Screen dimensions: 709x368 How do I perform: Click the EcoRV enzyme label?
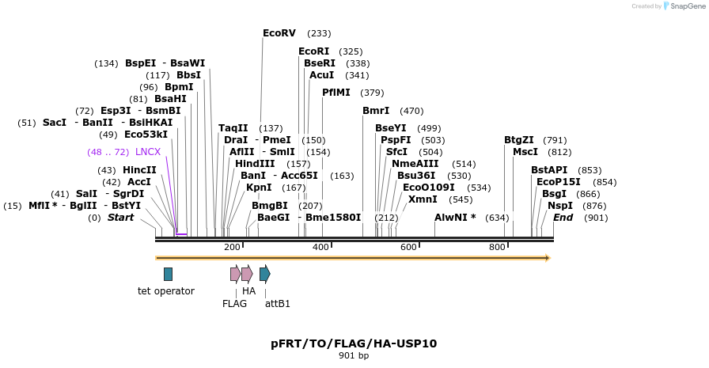[x=279, y=33]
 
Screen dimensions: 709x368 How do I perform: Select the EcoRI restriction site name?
[x=314, y=51]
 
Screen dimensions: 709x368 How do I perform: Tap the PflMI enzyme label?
[x=336, y=93]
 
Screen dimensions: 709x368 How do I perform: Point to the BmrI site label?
[x=376, y=111]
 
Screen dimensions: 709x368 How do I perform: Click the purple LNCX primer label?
[x=148, y=152]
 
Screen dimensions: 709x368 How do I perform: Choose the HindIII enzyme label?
[x=255, y=164]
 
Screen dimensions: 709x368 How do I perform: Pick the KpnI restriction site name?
[x=259, y=187]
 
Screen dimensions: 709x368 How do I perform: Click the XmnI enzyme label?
[x=423, y=199]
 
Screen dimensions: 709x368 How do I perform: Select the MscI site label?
[x=525, y=152]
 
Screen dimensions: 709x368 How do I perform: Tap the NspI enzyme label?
[x=560, y=206]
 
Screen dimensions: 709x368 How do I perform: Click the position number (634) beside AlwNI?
[x=497, y=218]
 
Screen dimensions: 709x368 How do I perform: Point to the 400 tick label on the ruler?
[x=320, y=247]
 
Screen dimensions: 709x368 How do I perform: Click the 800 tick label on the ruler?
[x=497, y=247]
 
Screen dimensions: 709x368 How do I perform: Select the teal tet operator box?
[x=169, y=274]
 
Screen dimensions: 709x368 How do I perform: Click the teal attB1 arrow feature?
[x=265, y=274]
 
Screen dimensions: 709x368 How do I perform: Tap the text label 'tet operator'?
[x=166, y=291]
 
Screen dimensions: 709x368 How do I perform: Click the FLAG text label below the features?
[x=235, y=304]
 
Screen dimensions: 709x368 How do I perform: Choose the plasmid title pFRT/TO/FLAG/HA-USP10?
[x=354, y=343]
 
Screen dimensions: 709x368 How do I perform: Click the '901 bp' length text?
[x=354, y=356]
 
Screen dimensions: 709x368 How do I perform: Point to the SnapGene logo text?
[x=688, y=6]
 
